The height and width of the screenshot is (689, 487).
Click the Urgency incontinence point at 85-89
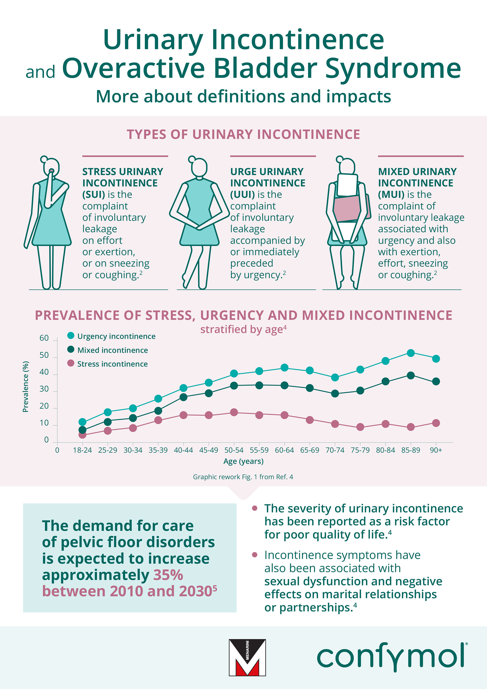(x=411, y=353)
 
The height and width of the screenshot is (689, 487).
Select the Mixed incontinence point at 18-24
(x=82, y=430)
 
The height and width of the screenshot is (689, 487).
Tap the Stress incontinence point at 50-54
(x=234, y=412)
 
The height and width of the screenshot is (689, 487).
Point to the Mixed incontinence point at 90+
(x=436, y=381)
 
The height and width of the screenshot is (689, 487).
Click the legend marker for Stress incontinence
(x=71, y=363)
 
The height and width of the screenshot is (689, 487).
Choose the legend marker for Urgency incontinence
(x=71, y=335)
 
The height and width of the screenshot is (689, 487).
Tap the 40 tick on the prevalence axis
(x=44, y=372)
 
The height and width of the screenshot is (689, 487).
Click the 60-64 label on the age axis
(x=284, y=450)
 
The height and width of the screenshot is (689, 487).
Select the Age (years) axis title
(x=243, y=461)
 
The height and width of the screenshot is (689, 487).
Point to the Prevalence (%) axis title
(x=26, y=386)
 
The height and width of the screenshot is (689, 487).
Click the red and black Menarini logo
(x=247, y=657)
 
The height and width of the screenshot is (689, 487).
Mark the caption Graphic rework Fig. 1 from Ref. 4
(x=243, y=477)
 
